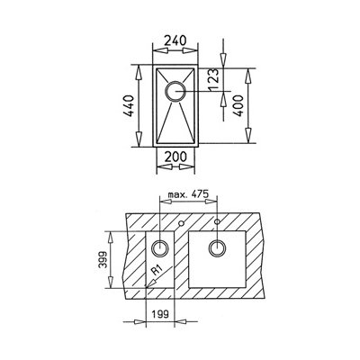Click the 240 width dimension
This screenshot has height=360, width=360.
click(x=175, y=40)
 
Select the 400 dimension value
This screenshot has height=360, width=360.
click(x=238, y=105)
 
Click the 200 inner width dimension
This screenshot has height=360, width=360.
click(x=175, y=157)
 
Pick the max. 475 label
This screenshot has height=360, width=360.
click(x=188, y=194)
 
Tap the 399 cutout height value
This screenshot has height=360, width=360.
click(x=103, y=259)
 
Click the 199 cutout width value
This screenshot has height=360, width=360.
click(x=159, y=314)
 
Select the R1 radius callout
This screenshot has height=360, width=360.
click(x=157, y=271)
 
